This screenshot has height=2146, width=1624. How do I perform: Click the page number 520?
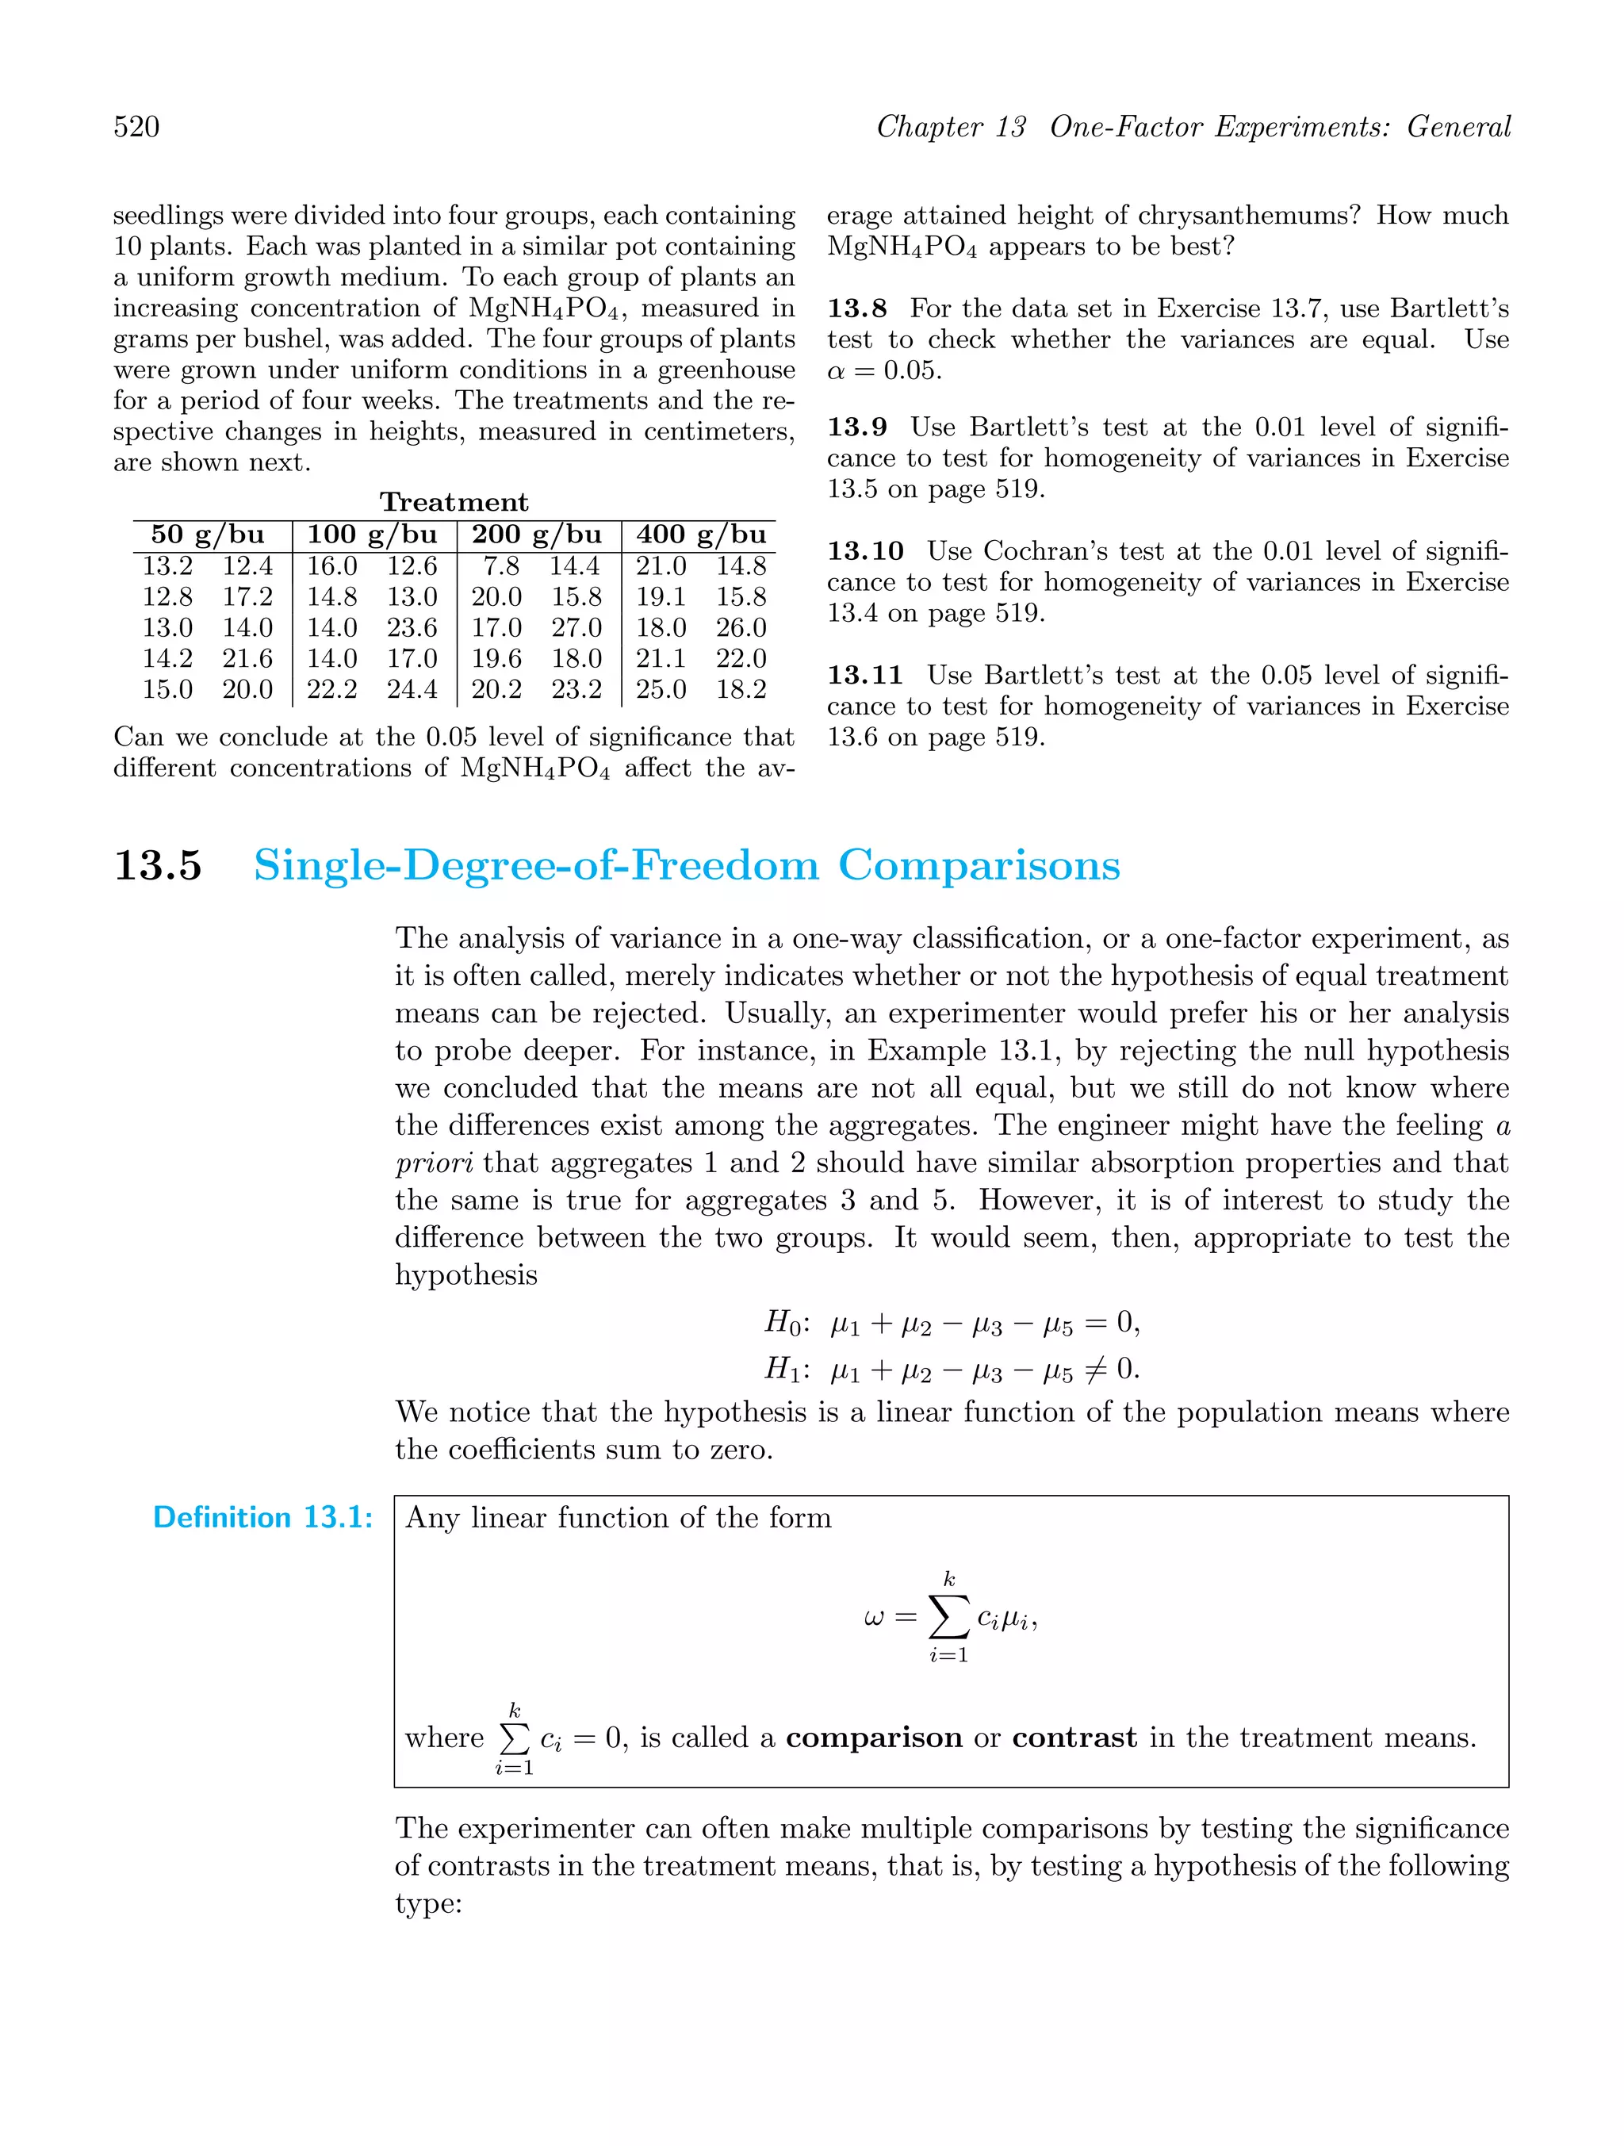tap(137, 127)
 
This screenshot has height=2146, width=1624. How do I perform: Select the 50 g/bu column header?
tap(208, 535)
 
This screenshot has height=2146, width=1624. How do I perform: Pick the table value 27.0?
tap(577, 627)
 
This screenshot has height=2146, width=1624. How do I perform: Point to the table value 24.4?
tap(412, 690)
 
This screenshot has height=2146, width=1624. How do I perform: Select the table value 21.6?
tap(247, 659)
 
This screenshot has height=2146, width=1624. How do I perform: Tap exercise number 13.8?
tap(856, 308)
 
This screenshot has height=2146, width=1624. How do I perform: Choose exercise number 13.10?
tap(865, 551)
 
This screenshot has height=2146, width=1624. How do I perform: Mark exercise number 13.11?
tap(865, 674)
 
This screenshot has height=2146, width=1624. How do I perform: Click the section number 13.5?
tap(158, 865)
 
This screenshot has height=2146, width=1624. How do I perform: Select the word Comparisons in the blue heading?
tap(979, 865)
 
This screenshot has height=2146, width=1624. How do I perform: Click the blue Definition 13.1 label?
tap(263, 1517)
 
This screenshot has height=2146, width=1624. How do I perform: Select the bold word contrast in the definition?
tap(1074, 1738)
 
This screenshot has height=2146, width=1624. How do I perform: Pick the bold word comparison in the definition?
tap(873, 1738)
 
